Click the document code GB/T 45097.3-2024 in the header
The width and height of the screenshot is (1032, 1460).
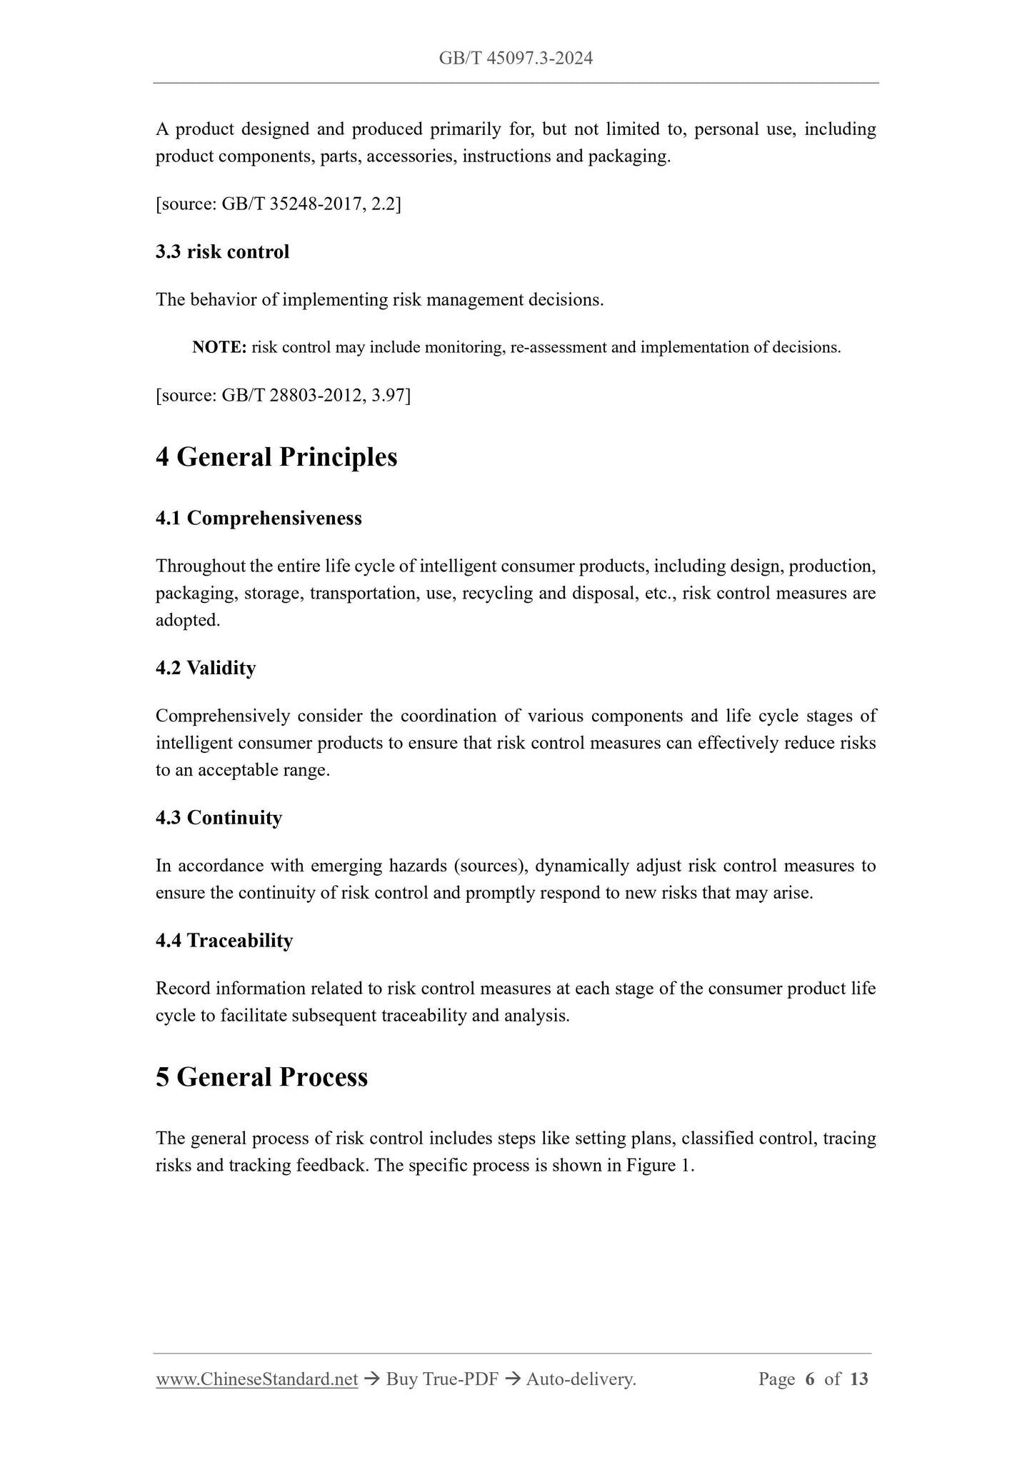pyautogui.click(x=516, y=59)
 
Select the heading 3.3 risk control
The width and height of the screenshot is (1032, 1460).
pyautogui.click(x=222, y=252)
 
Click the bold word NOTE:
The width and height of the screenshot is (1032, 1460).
pyautogui.click(x=219, y=348)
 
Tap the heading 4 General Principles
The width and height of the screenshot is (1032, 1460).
pyautogui.click(x=276, y=457)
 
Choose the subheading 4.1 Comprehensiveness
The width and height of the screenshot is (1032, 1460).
pyautogui.click(x=259, y=519)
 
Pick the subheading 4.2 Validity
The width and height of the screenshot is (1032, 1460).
pyautogui.click(x=206, y=669)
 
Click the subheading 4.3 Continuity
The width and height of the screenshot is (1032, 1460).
pyautogui.click(x=219, y=819)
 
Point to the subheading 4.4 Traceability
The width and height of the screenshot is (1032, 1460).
pyautogui.click(x=224, y=941)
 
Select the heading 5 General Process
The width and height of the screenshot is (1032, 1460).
pyautogui.click(x=261, y=1077)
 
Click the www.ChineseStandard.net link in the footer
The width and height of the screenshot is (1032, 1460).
pyautogui.click(x=256, y=1379)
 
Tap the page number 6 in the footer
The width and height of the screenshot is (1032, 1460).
pyautogui.click(x=809, y=1379)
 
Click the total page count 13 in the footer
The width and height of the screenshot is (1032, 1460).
pyautogui.click(x=859, y=1379)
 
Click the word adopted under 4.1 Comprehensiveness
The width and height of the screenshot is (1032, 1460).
pyautogui.click(x=187, y=621)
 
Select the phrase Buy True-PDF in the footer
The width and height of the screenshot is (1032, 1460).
pyautogui.click(x=441, y=1379)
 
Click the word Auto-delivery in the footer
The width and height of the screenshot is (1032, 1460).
pyautogui.click(x=580, y=1379)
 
